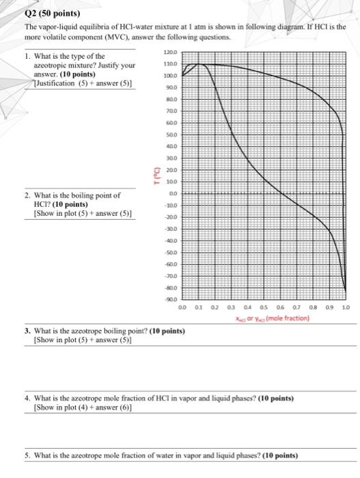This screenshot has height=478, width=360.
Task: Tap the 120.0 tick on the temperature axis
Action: tap(170, 52)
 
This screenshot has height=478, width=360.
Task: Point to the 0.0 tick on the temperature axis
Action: tap(172, 195)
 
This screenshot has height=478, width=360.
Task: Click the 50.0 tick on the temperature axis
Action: tap(171, 135)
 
